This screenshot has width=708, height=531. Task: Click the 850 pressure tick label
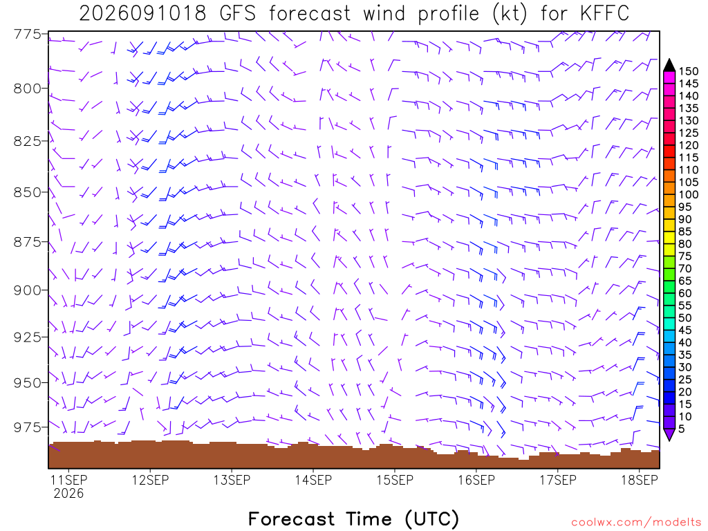(x=28, y=192)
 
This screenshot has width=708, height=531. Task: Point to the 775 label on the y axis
(x=28, y=35)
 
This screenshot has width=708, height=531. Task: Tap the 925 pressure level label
(x=28, y=337)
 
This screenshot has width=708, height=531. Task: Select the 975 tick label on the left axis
(x=28, y=427)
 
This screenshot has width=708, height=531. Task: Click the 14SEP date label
(x=313, y=480)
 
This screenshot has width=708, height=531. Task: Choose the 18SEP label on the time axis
(x=640, y=480)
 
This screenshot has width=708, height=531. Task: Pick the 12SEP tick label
(x=150, y=480)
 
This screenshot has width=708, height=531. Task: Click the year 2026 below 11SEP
(x=68, y=493)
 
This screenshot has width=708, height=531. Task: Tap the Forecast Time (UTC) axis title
(x=353, y=519)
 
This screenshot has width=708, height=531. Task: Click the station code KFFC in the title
(x=604, y=14)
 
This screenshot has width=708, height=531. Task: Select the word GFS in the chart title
(x=238, y=14)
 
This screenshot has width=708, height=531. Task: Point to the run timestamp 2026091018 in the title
(x=142, y=14)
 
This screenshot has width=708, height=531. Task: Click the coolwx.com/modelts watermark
(x=636, y=523)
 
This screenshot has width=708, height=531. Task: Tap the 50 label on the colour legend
(x=685, y=318)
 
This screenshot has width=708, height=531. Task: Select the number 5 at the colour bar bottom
(x=681, y=429)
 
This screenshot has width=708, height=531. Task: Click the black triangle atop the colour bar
(x=669, y=65)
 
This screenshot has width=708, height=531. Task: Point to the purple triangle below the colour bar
(x=669, y=434)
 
